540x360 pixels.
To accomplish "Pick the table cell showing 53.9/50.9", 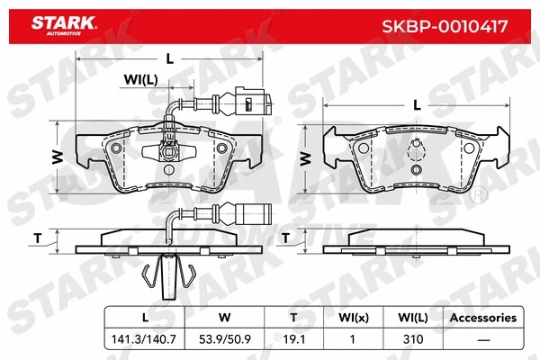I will tap(225, 340).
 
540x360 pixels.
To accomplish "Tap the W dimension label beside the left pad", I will tap(57, 156).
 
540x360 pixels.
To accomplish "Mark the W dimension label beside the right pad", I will tap(304, 157).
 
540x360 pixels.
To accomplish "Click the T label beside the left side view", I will tap(38, 238).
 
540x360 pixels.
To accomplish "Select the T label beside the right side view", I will tap(285, 238).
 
